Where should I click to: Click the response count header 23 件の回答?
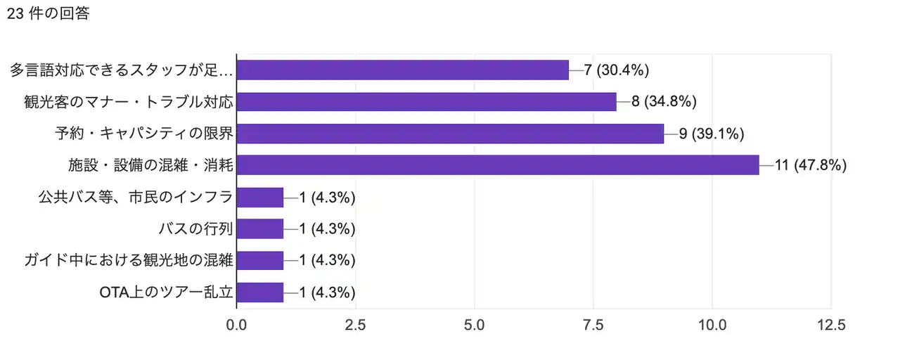point(48,13)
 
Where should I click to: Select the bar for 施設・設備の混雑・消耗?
point(498,165)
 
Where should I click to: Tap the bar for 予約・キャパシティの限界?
point(450,134)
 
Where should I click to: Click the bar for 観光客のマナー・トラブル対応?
point(426,102)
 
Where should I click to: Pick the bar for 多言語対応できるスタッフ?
point(402,70)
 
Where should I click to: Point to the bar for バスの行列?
point(260,229)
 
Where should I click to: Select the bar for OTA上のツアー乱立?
point(260,292)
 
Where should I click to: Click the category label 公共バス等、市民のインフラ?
point(135,198)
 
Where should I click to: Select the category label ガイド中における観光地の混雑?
point(127,261)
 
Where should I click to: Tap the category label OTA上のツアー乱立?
point(166,292)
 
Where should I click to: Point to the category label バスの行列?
point(196,229)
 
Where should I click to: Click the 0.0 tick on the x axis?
point(237,326)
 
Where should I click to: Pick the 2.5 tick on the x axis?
point(356,326)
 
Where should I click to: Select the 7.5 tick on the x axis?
point(593,326)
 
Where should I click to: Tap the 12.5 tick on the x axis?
point(831,326)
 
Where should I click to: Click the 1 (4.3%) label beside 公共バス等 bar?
point(327,198)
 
